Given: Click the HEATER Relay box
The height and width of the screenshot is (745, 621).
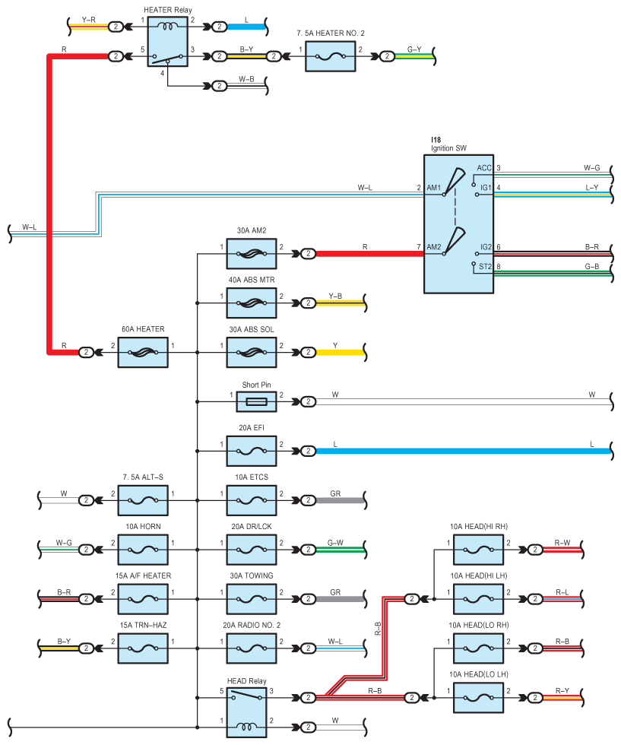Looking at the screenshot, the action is (x=168, y=41).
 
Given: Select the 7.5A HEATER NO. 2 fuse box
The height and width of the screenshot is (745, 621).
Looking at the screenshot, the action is (x=330, y=56).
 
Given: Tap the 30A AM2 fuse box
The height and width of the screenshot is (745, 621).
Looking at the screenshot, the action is (x=252, y=254).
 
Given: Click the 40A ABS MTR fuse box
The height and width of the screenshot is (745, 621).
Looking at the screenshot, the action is (x=252, y=303).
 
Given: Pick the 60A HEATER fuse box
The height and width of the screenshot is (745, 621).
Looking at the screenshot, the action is (x=143, y=353).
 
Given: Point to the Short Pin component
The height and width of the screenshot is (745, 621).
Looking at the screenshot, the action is (x=257, y=402).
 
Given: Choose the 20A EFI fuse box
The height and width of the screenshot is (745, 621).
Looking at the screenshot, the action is (x=252, y=451).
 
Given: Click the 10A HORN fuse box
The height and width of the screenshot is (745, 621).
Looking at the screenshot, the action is (x=143, y=550).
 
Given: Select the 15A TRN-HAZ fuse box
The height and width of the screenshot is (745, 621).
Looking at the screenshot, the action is (x=143, y=648).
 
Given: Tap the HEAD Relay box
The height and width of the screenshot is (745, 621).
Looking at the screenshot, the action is (x=246, y=713).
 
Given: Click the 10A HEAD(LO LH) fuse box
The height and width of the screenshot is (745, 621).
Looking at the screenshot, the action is (x=478, y=698).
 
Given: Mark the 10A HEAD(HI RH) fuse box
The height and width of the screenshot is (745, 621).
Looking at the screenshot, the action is (x=478, y=550).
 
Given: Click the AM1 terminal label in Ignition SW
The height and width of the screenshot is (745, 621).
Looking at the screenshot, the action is (x=434, y=188).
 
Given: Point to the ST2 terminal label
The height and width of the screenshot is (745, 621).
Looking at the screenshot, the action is (x=485, y=267).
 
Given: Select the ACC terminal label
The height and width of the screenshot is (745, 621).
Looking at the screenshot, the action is (x=484, y=168).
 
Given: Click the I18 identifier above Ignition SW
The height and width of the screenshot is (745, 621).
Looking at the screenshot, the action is (x=436, y=140).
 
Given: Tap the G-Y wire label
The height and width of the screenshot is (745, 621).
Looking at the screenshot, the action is (x=414, y=49).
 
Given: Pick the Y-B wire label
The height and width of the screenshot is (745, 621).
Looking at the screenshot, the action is (x=335, y=296).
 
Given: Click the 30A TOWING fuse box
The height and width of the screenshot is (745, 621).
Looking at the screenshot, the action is (x=252, y=599).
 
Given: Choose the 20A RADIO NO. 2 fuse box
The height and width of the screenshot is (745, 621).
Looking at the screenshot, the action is (x=252, y=648).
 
